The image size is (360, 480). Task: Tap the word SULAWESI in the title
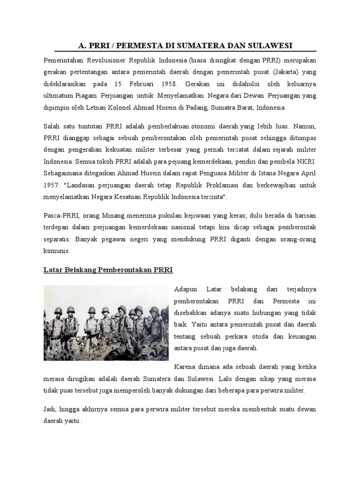[268, 45]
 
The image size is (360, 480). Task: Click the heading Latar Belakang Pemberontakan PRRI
[108, 270]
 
